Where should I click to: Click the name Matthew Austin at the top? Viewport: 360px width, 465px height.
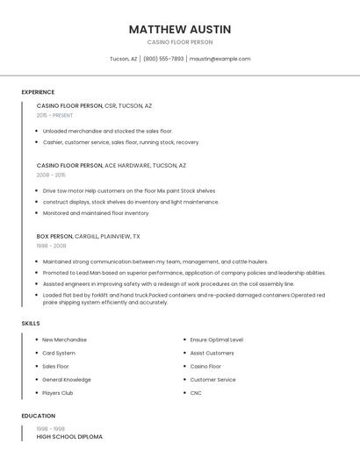180,29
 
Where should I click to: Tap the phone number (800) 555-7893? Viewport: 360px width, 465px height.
163,59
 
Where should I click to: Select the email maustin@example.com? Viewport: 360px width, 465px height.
220,59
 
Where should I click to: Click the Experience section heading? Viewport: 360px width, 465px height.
38,92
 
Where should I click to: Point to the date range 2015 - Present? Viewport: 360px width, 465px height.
54,115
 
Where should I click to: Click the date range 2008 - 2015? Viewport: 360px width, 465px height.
51,175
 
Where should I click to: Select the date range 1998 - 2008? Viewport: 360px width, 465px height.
51,246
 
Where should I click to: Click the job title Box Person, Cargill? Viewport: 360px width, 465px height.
88,236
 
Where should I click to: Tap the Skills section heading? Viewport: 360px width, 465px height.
31,324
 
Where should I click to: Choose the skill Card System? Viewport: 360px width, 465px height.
59,353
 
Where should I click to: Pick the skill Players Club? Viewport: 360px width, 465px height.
58,393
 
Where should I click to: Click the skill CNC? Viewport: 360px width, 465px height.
196,393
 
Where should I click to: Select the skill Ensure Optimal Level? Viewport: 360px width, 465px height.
217,340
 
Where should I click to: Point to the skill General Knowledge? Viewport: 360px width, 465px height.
67,380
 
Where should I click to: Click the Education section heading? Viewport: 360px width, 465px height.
38,416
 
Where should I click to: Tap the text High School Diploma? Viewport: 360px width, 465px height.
69,436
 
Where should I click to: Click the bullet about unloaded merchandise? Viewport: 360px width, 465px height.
108,131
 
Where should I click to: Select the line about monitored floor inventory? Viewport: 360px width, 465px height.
97,213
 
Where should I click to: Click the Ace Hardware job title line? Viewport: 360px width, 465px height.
112,165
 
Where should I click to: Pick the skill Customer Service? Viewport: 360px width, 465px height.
213,380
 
